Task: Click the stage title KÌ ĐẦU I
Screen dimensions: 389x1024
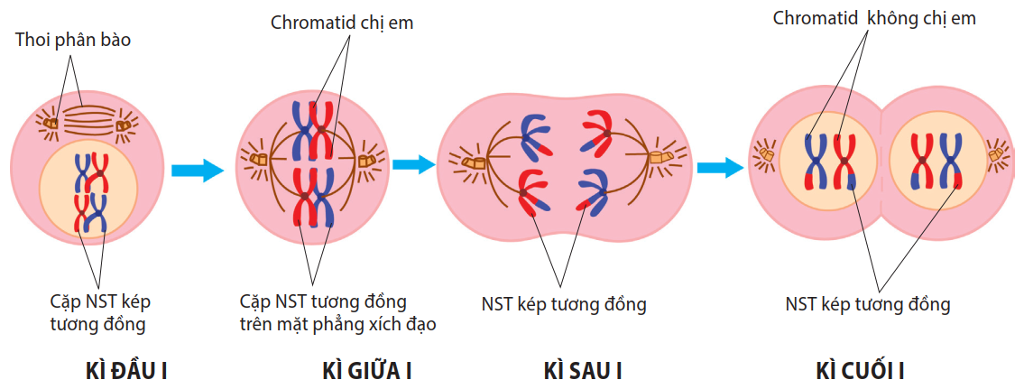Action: coord(127,371)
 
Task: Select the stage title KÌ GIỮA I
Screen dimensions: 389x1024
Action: coord(366,371)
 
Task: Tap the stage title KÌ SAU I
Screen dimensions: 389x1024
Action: coord(583,371)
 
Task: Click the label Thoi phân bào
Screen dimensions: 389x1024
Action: coord(79,41)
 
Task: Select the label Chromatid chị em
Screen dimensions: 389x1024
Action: coord(342,23)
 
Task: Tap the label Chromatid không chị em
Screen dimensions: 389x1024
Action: coord(874,18)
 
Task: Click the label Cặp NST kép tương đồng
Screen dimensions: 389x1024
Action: coord(98,310)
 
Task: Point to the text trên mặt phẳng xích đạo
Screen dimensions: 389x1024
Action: coord(338,324)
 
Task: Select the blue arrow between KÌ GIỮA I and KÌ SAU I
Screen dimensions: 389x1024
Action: coord(414,164)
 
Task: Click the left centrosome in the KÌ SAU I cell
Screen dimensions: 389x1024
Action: coord(475,162)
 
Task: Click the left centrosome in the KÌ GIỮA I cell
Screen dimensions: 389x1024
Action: coord(260,160)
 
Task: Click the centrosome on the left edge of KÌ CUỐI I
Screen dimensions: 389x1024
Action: coord(766,155)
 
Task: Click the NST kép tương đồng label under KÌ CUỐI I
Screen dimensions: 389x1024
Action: coord(868,304)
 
